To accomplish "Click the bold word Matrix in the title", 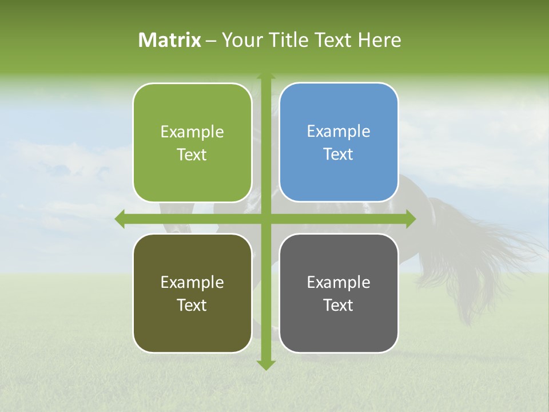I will [x=170, y=40].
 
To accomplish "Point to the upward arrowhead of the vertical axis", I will [x=265, y=77].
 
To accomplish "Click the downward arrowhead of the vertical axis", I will [x=265, y=365].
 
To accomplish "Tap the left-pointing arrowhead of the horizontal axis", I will [x=120, y=219].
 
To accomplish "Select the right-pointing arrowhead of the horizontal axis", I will [x=410, y=219].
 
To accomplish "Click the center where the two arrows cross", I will [x=265, y=219].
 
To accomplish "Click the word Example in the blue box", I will [x=339, y=132].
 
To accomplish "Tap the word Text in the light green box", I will [x=192, y=155].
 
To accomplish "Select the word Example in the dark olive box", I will [x=192, y=282].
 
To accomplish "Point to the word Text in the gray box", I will [x=339, y=306].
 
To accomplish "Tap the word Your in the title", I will [x=241, y=40].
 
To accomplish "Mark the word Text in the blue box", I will [x=339, y=154].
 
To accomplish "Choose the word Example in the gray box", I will [x=339, y=282].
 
